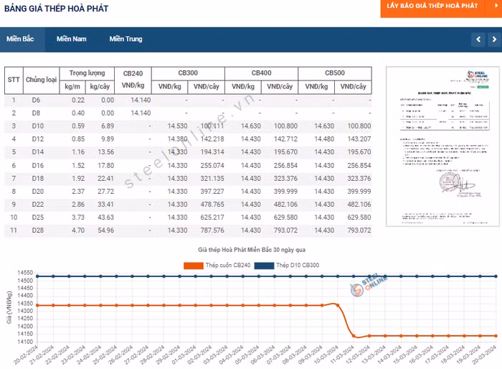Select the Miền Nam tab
click(x=72, y=39)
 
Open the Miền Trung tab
click(x=126, y=39)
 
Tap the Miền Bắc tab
click(x=21, y=39)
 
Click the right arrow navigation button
click(x=495, y=39)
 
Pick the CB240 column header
click(x=133, y=73)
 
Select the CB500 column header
click(x=335, y=73)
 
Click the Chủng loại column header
click(x=41, y=80)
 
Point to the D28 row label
click(x=37, y=230)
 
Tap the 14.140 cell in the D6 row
click(x=141, y=100)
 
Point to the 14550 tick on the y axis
click(x=26, y=273)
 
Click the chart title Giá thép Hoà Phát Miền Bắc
click(x=252, y=249)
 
